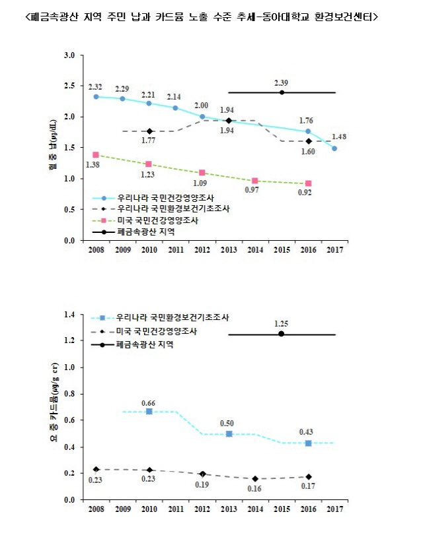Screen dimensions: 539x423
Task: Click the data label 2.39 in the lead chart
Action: point(282,82)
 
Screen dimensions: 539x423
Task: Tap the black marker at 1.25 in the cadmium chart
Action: point(282,334)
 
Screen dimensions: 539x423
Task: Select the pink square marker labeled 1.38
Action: point(96,155)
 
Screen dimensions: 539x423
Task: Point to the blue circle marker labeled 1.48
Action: point(334,148)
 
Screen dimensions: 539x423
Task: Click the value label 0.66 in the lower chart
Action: point(149,402)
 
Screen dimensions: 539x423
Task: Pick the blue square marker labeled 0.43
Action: point(308,443)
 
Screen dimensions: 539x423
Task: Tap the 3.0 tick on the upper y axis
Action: point(69,55)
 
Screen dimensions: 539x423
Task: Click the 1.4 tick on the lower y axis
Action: point(69,314)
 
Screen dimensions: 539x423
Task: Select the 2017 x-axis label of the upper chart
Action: point(334,251)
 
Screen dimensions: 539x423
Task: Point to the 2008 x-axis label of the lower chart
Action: point(96,509)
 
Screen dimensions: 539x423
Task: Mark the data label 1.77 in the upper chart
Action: point(149,141)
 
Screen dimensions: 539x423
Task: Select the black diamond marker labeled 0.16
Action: point(255,479)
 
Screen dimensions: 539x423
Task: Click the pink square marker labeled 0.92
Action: point(308,183)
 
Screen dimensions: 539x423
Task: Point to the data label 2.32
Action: point(96,87)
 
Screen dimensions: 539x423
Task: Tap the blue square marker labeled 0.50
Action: point(229,433)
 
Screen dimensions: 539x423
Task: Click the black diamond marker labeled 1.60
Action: point(308,141)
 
